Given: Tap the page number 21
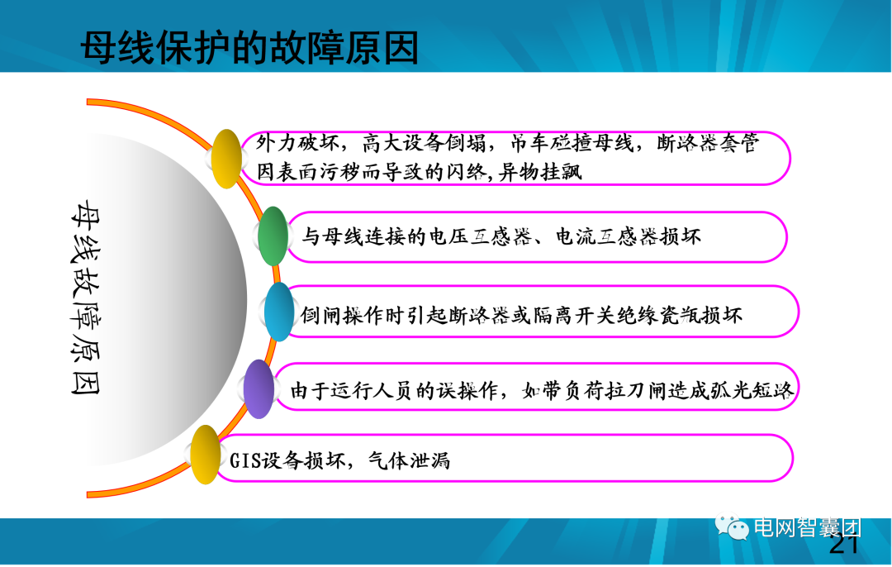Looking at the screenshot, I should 843,546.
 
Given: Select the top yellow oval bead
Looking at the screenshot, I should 225,158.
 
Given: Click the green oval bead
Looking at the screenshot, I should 273,236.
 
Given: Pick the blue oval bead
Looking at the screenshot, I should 279,312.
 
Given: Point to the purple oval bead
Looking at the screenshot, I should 259,388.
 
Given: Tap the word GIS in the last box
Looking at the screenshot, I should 245,460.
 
